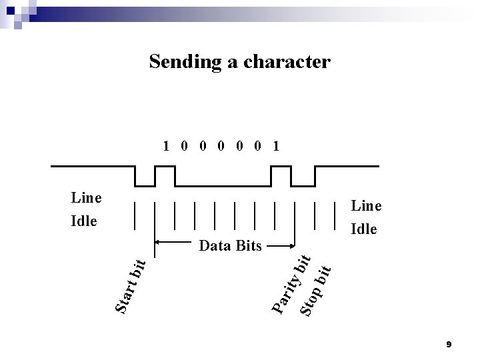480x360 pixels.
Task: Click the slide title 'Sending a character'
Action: point(239,62)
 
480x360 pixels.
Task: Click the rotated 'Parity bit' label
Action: point(291,284)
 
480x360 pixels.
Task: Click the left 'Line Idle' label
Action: point(86,209)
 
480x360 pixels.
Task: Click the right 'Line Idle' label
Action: point(366,218)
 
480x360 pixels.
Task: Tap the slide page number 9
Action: point(449,344)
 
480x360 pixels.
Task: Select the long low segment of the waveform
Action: point(223,186)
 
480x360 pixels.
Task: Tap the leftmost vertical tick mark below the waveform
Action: point(135,214)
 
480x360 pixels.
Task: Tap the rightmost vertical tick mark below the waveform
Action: point(334,214)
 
